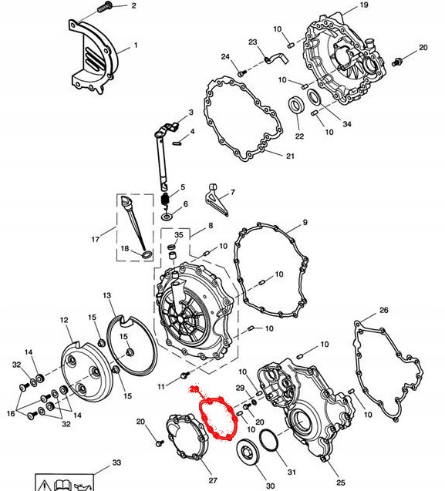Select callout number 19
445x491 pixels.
click(x=364, y=6)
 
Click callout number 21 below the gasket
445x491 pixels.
click(x=289, y=156)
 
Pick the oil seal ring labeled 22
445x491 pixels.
click(x=295, y=106)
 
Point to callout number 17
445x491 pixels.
click(x=96, y=240)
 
